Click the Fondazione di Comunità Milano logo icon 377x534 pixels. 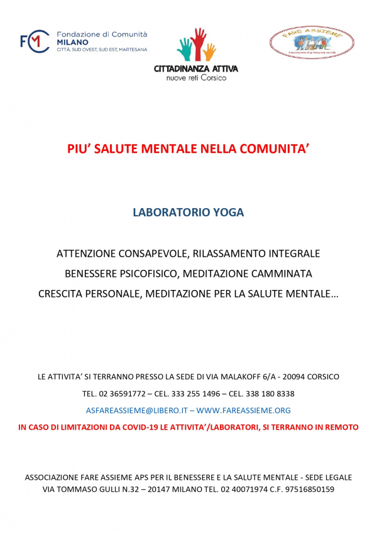click(x=35, y=42)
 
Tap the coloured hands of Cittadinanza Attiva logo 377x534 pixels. click(x=196, y=45)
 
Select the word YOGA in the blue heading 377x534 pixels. click(x=229, y=213)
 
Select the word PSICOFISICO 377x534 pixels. click(x=160, y=274)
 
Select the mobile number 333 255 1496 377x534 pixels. click(x=197, y=394)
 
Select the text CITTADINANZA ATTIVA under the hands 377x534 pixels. click(x=196, y=69)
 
